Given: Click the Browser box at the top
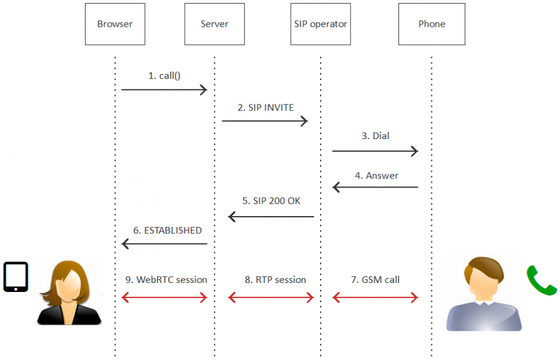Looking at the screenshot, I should pos(115,24).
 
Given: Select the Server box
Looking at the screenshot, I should pos(214,24).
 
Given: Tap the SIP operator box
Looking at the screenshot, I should pos(320,24).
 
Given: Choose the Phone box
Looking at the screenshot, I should pos(432,24).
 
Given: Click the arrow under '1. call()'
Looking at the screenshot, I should pos(164,90).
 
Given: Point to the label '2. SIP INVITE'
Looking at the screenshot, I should pos(265,107).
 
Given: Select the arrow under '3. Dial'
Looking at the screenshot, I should pos(375,150).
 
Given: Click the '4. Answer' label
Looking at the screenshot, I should pos(377,175).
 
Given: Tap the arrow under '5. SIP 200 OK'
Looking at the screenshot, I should pos(270,216).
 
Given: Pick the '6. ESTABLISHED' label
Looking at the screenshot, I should pos(168,231).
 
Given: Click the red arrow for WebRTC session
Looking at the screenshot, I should pos(164,297).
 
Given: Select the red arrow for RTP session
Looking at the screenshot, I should pos(270,297).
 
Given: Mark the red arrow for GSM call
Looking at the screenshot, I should pos(375,297).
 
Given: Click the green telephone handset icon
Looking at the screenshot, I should pos(541,280).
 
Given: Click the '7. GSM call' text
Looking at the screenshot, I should pos(375,280).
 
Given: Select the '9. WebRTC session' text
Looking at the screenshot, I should pos(166,280).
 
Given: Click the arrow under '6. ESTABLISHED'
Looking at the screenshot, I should pos(164,244).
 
